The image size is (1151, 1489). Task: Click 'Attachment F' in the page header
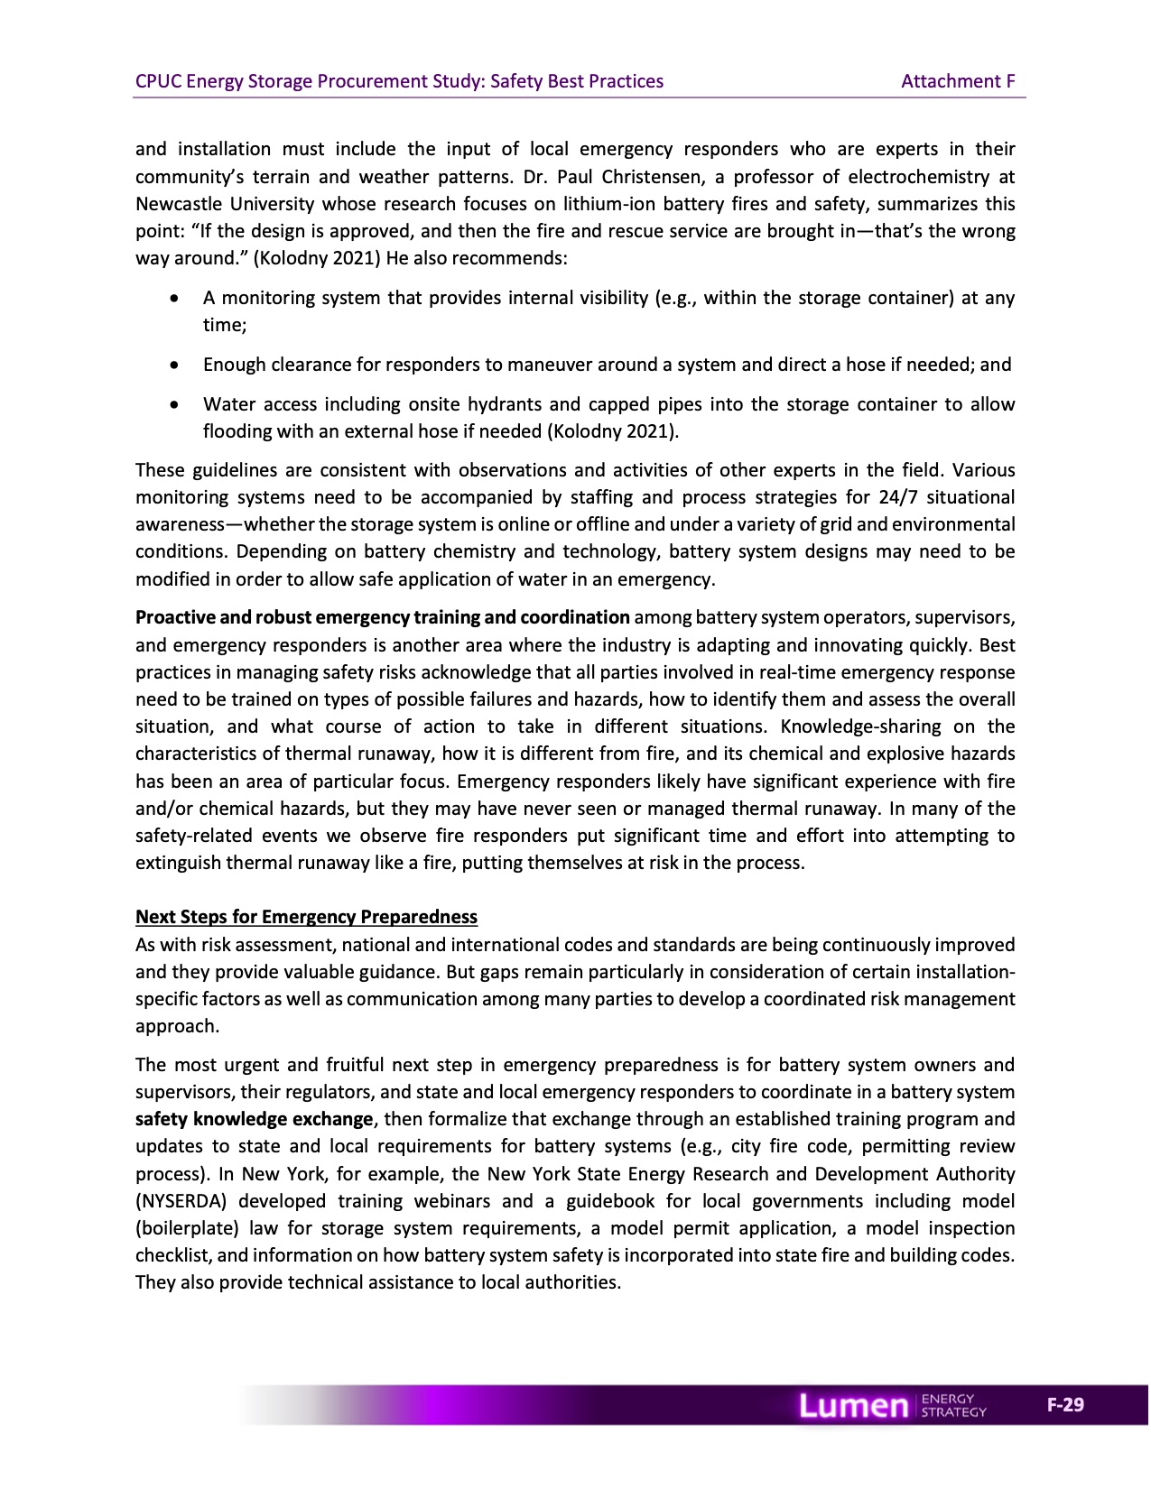[958, 81]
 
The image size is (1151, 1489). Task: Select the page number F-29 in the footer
[1065, 1405]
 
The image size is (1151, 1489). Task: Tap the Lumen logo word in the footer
[853, 1406]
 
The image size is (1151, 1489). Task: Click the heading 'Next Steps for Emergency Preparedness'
[306, 917]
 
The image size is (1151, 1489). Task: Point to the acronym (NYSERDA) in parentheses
[181, 1201]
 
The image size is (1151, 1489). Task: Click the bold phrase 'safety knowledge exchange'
[254, 1119]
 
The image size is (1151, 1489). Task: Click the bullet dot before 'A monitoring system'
[174, 298]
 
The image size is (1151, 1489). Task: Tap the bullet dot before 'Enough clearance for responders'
[174, 365]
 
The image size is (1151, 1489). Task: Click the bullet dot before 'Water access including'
[174, 404]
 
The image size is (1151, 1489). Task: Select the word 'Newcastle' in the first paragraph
[176, 204]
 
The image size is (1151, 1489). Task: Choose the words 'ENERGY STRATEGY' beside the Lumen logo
[952, 1406]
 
